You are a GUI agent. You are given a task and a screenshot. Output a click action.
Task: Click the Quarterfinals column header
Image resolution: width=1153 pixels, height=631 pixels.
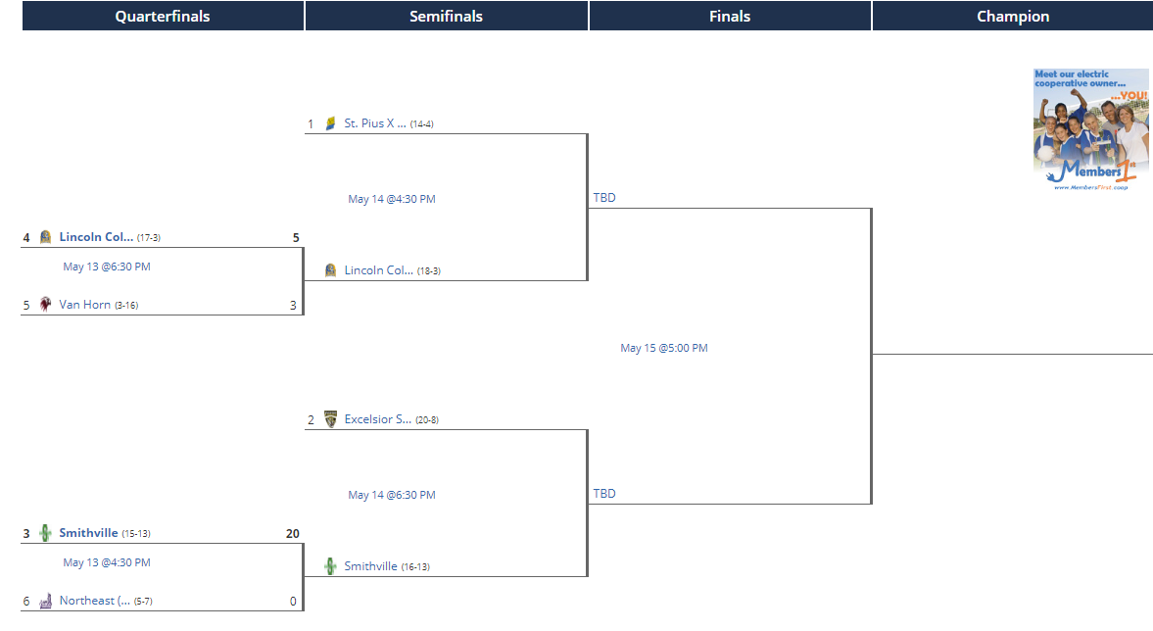163,17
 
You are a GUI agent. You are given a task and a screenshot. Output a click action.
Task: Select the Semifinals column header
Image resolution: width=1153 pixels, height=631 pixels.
447,17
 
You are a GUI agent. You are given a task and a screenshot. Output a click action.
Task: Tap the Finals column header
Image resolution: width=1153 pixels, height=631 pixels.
730,17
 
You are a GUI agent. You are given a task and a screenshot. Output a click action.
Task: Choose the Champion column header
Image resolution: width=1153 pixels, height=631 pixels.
1013,17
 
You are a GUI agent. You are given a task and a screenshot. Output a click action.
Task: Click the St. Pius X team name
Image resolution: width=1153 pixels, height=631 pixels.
375,123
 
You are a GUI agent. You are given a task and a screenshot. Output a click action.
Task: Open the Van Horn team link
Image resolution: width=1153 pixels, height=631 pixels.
84,305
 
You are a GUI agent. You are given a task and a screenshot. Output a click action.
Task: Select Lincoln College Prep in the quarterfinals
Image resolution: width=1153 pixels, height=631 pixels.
96,237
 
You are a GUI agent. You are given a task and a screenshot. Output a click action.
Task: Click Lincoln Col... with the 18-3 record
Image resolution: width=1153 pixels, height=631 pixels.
379,270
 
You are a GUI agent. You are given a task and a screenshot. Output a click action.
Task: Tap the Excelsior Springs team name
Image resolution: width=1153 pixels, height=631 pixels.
378,419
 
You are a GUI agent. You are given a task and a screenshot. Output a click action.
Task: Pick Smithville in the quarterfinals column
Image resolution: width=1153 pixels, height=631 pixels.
88,533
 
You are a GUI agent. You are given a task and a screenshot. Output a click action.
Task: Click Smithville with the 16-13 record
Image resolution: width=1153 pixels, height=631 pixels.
370,566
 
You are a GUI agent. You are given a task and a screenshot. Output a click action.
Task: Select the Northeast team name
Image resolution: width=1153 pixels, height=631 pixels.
95,601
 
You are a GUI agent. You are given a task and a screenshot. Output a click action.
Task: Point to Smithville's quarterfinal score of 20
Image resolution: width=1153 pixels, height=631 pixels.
293,534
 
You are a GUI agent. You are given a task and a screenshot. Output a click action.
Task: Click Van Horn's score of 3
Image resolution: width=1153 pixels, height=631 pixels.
294,305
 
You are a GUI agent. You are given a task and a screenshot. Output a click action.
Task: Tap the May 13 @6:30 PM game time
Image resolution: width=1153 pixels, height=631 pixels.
107,267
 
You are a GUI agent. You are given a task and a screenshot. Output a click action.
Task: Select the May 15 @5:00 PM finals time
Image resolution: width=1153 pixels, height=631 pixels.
664,348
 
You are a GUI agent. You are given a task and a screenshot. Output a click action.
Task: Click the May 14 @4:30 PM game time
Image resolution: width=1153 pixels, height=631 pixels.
392,199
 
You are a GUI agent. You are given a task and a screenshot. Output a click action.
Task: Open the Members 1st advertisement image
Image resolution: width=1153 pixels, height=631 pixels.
1090,130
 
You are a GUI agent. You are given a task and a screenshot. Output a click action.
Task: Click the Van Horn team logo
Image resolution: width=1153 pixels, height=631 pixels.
46,305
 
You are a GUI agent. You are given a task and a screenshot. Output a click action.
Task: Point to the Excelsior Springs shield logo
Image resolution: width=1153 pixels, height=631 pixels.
331,419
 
